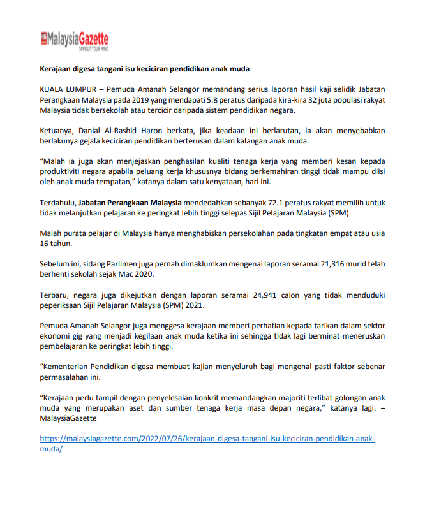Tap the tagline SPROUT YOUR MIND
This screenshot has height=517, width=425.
coord(93,48)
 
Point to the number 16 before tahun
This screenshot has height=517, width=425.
coord(45,244)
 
